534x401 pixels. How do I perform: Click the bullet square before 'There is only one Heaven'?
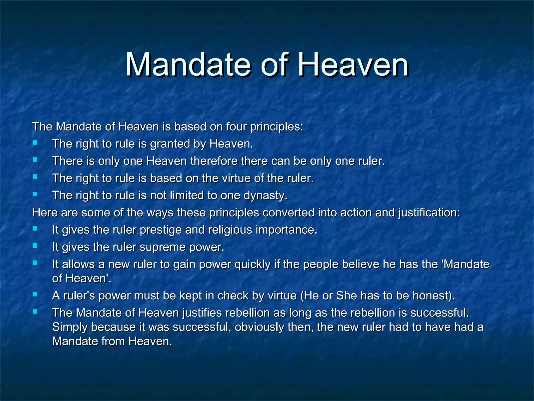[x=35, y=160]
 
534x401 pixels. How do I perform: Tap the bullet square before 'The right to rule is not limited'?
[x=35, y=194]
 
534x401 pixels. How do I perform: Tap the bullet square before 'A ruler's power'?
[x=35, y=294]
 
